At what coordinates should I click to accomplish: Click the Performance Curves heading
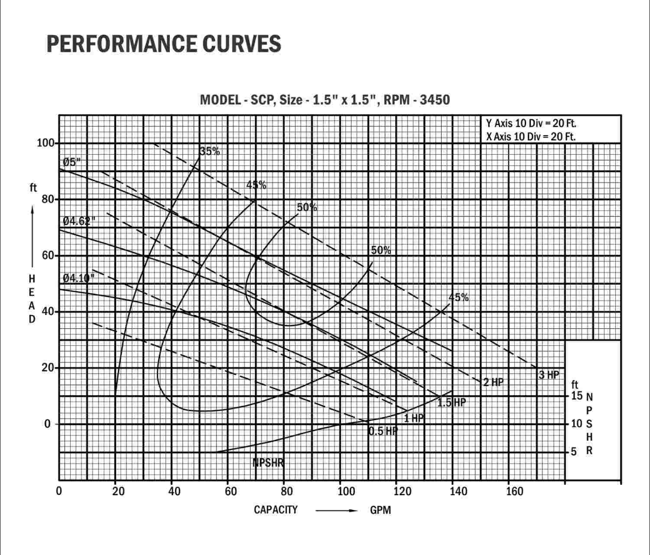click(x=164, y=44)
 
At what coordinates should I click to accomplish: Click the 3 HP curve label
click(x=549, y=375)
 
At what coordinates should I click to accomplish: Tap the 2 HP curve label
click(x=493, y=382)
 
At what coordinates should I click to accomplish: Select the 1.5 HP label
click(x=451, y=403)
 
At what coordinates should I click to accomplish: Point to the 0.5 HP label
click(x=383, y=431)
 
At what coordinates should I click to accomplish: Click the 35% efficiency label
click(x=210, y=151)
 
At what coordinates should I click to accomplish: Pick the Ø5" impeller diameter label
click(x=72, y=162)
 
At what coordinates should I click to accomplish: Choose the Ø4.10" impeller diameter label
click(x=78, y=278)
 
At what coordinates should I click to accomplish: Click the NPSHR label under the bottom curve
click(x=269, y=462)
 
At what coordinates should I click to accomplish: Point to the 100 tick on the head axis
click(x=46, y=143)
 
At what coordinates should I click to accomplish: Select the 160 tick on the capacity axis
click(x=514, y=491)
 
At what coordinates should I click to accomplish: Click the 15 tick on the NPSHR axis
click(x=576, y=396)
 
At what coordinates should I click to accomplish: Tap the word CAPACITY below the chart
click(x=276, y=510)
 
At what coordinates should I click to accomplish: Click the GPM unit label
click(x=381, y=510)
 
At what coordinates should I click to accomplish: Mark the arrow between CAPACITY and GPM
click(x=336, y=510)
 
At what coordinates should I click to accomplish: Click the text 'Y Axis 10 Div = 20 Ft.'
click(x=531, y=123)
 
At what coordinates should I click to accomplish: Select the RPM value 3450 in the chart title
click(x=435, y=100)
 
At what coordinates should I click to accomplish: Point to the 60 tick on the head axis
click(x=48, y=256)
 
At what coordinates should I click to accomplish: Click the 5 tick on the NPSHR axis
click(x=574, y=452)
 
